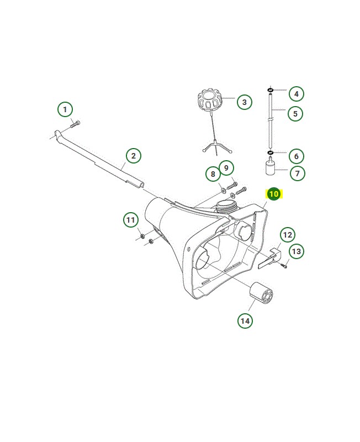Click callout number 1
pos(65,109)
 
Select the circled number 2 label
pos(133,156)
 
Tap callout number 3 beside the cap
pos(244,102)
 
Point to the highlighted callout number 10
pos(273,194)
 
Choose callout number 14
pos(245,321)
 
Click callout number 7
pos(297,173)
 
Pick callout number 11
pos(131,220)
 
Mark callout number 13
pos(297,251)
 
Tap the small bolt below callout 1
pos(75,124)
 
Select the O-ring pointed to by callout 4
pos(271,90)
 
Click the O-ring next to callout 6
pos(271,152)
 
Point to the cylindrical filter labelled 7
pos(271,167)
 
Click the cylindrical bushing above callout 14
pos(261,293)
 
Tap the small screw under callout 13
pos(284,265)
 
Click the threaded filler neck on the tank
pos(225,206)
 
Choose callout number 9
pos(226,168)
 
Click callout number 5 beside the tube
pos(295,114)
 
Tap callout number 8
pos(213,174)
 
